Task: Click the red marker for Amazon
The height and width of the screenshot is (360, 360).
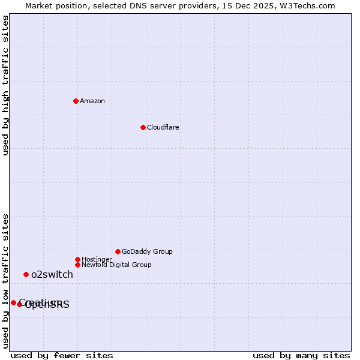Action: [76, 101]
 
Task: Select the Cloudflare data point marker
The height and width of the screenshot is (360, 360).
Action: [143, 127]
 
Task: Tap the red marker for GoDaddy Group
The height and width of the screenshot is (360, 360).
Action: [118, 251]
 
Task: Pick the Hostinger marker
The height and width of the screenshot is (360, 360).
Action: [77, 259]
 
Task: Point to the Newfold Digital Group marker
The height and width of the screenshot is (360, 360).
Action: [77, 265]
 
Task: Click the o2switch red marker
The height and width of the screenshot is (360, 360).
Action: [26, 274]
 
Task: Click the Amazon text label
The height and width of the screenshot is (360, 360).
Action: [92, 101]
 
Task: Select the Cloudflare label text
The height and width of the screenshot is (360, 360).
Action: [163, 127]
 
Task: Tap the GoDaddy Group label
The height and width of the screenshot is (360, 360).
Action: [147, 251]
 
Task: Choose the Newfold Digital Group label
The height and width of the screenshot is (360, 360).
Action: [116, 265]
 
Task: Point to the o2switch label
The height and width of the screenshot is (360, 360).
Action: [52, 274]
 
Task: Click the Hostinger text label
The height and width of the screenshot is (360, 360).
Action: [97, 259]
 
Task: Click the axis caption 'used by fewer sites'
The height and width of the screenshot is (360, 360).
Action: [62, 355]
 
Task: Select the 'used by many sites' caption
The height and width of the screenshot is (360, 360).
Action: [301, 355]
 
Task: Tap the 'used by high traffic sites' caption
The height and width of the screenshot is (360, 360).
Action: [5, 85]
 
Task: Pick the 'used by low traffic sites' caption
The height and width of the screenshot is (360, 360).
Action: [5, 281]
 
